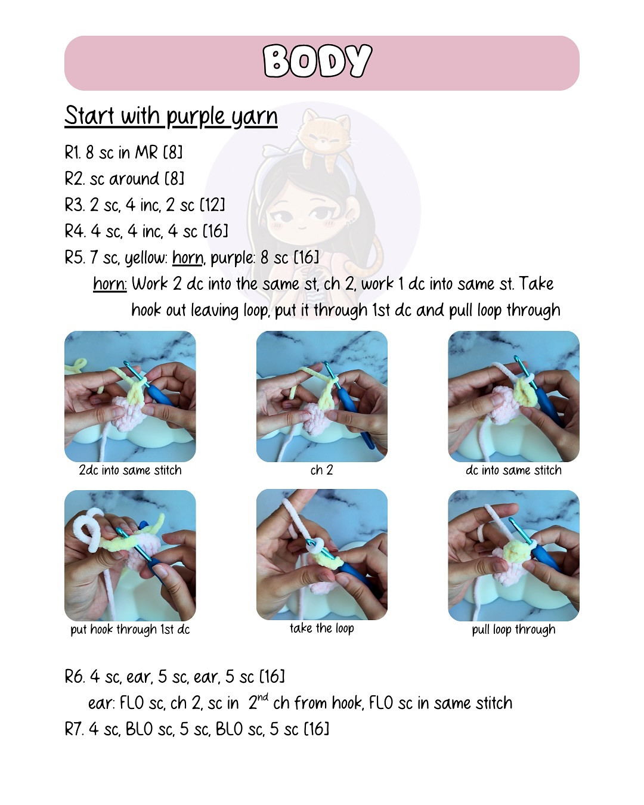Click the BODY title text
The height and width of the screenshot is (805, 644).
point(317,61)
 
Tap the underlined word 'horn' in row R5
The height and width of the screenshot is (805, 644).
point(188,258)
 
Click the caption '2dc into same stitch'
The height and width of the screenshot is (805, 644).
point(130,470)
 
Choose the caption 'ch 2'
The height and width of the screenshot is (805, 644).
point(322,470)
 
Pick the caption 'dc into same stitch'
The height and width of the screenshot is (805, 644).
point(514,470)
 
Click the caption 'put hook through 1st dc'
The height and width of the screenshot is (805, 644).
point(130,630)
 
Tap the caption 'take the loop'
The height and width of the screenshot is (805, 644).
point(322,628)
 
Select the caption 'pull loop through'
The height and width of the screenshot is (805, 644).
point(514,630)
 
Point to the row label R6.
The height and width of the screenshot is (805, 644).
point(74,676)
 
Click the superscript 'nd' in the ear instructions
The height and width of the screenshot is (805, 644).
point(263,696)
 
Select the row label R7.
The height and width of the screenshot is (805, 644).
point(73,729)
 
